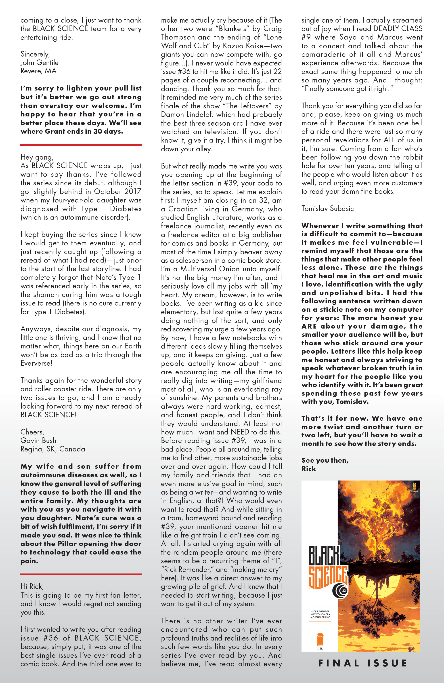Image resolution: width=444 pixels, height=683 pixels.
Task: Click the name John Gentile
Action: click(39, 63)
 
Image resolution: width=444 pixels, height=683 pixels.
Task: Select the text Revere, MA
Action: click(38, 71)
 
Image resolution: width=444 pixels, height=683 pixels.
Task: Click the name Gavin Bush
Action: click(38, 440)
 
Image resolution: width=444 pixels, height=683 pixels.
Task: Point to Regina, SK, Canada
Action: click(52, 449)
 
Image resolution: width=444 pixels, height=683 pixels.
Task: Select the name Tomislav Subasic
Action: click(327, 209)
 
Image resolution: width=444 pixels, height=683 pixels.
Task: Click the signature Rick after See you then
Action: click(308, 469)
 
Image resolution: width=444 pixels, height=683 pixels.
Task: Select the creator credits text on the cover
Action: click(320, 614)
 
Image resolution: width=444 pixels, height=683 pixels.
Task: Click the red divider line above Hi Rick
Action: click(81, 574)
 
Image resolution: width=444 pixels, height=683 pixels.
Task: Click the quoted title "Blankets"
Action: click(233, 29)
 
